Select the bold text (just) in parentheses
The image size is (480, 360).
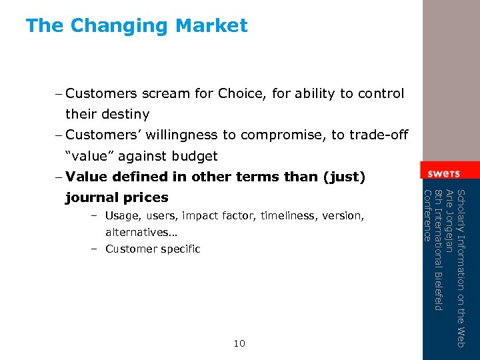point(343,177)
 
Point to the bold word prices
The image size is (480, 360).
point(146,198)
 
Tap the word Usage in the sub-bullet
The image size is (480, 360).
point(121,216)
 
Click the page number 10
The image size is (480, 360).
point(239,343)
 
